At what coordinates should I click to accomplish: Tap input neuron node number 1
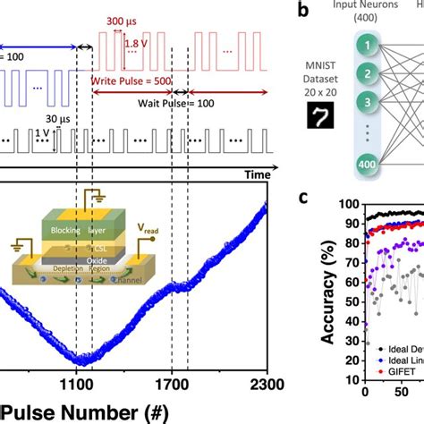coord(366,44)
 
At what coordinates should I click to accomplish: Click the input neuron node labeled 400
coord(366,166)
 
